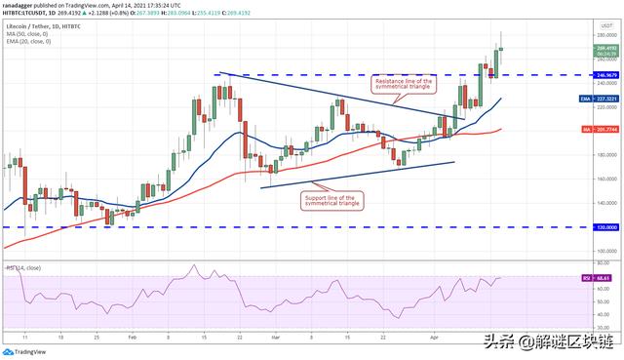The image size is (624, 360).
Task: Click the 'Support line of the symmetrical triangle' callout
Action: [x=327, y=200]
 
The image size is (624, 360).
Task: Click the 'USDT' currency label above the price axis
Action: [x=606, y=23]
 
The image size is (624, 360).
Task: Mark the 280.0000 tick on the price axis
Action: [x=606, y=34]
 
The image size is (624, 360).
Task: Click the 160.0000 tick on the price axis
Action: [x=606, y=179]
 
